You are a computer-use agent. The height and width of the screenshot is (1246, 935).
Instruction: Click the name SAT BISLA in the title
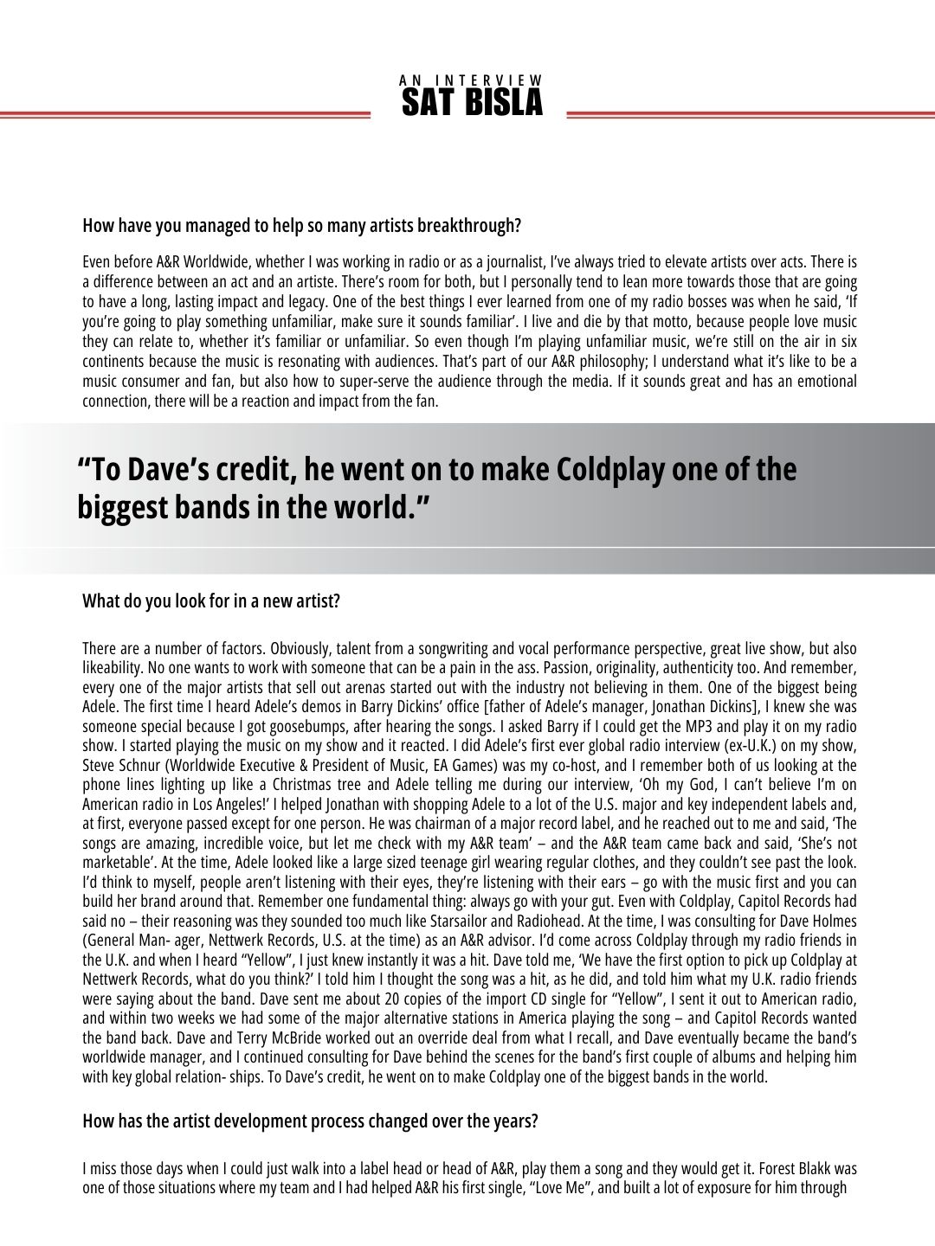472,103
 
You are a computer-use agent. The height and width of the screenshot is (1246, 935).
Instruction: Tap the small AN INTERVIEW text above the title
472,80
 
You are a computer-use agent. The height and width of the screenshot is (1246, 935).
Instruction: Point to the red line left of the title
185,114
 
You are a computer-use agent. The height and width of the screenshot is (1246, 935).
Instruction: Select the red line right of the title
750,114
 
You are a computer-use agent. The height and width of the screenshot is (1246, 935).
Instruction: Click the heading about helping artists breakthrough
301,226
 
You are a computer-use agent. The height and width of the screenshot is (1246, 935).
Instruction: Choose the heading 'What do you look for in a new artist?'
211,601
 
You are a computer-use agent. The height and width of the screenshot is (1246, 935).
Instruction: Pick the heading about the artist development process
310,1121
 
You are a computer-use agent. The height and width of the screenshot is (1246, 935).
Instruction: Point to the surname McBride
204,1037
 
